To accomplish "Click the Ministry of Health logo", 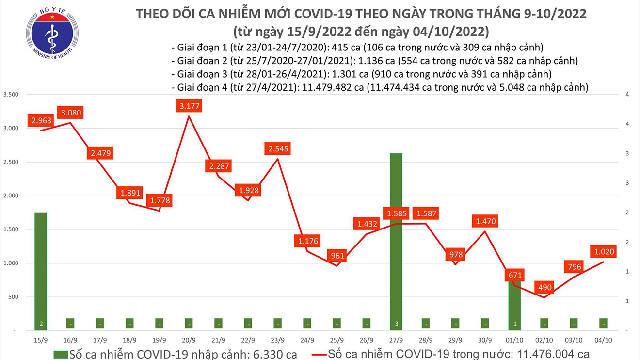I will pyautogui.click(x=52, y=33).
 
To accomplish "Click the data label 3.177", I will pyautogui.click(x=189, y=106).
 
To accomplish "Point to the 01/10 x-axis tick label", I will pyautogui.click(x=514, y=340).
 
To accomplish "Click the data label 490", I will pyautogui.click(x=544, y=287).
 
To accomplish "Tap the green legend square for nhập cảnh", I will pyautogui.click(x=61, y=354).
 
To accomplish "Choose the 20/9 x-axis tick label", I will pyautogui.click(x=189, y=340).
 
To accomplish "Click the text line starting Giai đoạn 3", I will pyautogui.click(x=361, y=74).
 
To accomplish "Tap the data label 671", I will pyautogui.click(x=514, y=275).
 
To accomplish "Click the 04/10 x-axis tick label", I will pyautogui.click(x=603, y=340).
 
